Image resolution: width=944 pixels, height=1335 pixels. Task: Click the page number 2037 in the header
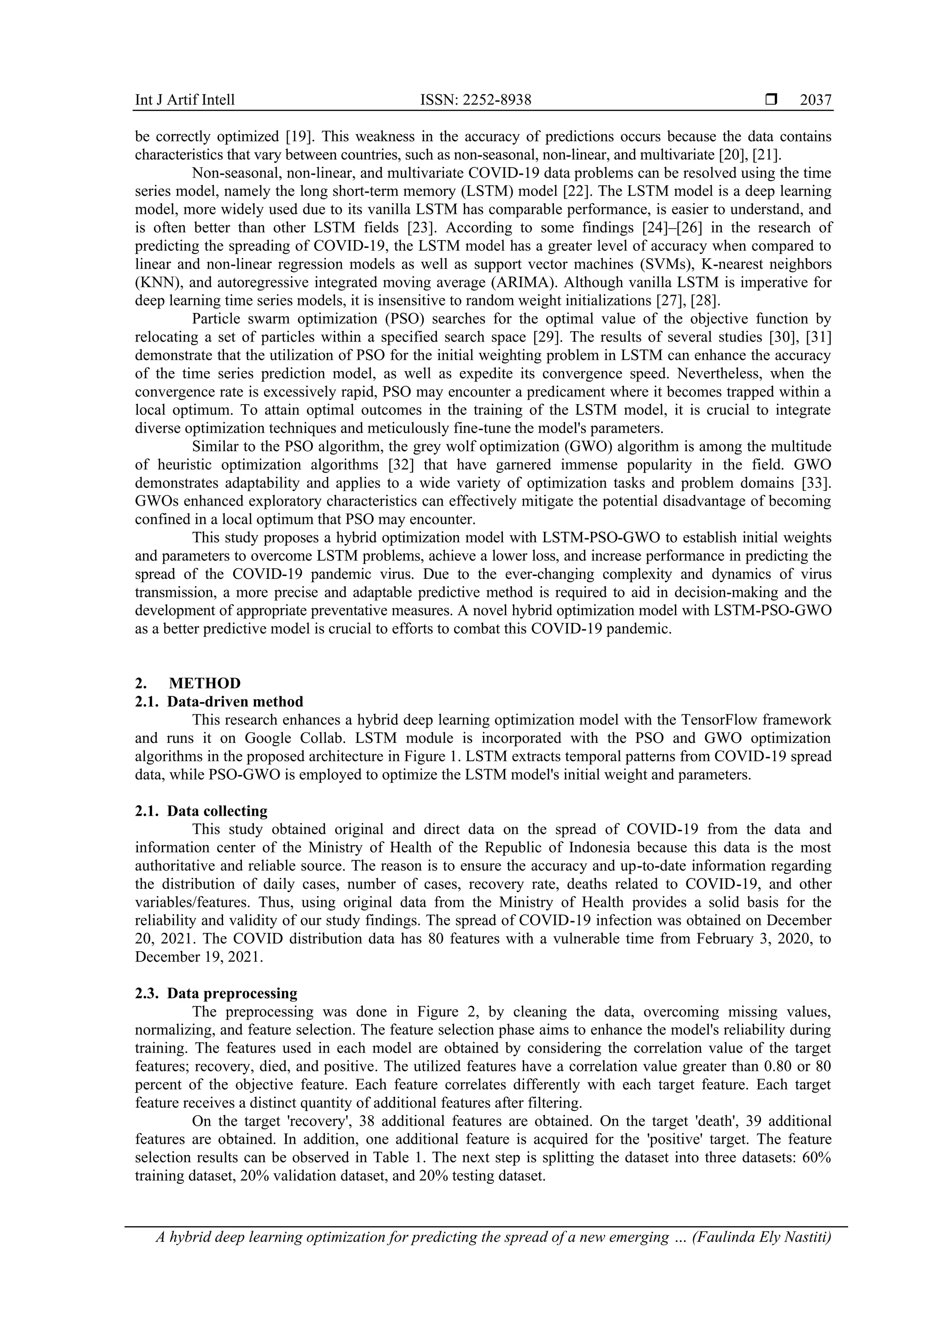(x=815, y=100)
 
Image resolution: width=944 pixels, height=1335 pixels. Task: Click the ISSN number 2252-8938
(x=475, y=100)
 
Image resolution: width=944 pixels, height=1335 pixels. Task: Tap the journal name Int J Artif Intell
(x=184, y=100)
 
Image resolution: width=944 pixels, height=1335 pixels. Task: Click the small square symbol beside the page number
(x=771, y=100)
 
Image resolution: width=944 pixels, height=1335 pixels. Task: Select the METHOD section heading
(x=205, y=683)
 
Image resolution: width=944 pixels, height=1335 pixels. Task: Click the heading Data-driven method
(x=235, y=702)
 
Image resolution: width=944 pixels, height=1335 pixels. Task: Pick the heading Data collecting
(x=217, y=811)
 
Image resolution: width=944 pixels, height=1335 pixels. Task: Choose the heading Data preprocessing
(x=232, y=993)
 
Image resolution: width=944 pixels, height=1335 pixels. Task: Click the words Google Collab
(x=282, y=738)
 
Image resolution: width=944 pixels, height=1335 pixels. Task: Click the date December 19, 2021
(x=199, y=957)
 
